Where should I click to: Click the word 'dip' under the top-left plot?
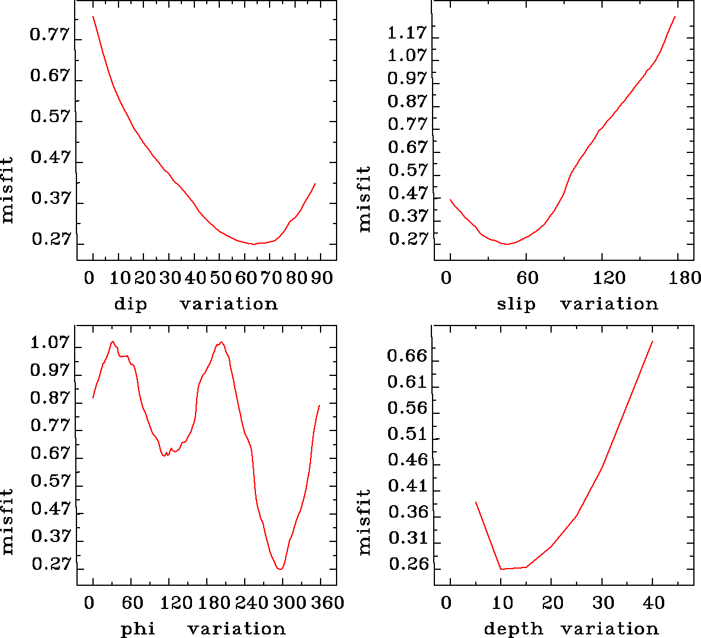[x=130, y=304]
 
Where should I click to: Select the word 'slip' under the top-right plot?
[x=516, y=304]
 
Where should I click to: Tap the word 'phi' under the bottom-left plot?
[x=138, y=629]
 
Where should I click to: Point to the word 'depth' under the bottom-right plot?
[x=513, y=629]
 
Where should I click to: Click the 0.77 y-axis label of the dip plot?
[x=50, y=34]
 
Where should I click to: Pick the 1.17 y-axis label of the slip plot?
[x=407, y=33]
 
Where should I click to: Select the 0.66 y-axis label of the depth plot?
[x=407, y=356]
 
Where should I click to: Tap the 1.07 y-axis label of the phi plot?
[x=50, y=343]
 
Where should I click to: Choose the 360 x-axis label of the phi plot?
[x=327, y=603]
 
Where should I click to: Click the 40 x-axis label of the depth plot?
[x=654, y=603]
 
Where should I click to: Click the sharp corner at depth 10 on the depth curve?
[x=501, y=569]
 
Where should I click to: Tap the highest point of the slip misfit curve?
[x=675, y=17]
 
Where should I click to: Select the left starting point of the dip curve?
[x=93, y=17]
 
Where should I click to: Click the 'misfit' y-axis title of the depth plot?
[x=364, y=522]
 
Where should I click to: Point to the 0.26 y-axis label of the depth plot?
[x=408, y=564]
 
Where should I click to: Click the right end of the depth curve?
[x=652, y=342]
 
